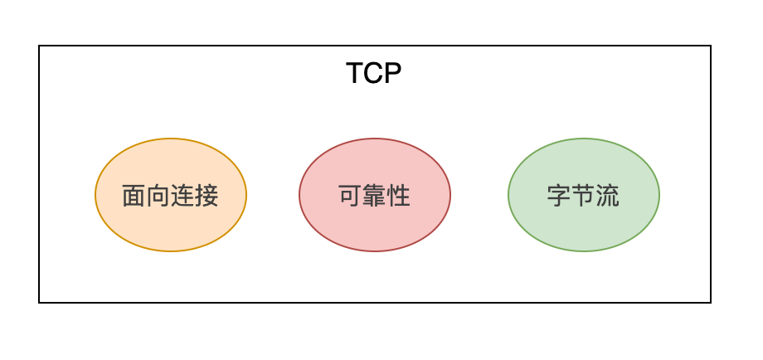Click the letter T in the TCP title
(354, 74)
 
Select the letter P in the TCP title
(393, 74)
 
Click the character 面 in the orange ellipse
(134, 196)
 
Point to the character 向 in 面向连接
(158, 196)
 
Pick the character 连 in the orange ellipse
(182, 196)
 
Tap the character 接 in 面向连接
(207, 196)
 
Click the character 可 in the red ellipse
(350, 196)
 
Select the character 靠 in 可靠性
(375, 196)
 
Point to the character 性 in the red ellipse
(399, 196)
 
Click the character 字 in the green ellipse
(559, 196)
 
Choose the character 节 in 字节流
(583, 196)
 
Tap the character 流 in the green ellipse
(608, 196)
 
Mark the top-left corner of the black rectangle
(39, 46)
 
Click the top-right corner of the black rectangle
(711, 46)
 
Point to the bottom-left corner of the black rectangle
(39, 303)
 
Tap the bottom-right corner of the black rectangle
(711, 303)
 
